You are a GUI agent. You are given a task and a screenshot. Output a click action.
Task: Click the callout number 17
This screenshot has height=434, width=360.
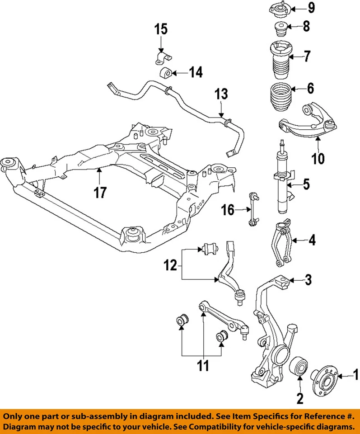pos(100,192)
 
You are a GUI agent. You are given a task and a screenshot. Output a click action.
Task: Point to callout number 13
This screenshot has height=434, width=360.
pos(221,95)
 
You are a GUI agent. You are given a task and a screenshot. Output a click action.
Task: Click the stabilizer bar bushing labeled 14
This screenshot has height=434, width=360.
pos(166,72)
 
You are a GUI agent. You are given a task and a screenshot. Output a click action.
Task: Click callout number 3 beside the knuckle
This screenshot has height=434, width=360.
pos(308,280)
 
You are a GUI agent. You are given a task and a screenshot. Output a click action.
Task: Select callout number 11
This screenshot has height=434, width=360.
pos(203,365)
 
